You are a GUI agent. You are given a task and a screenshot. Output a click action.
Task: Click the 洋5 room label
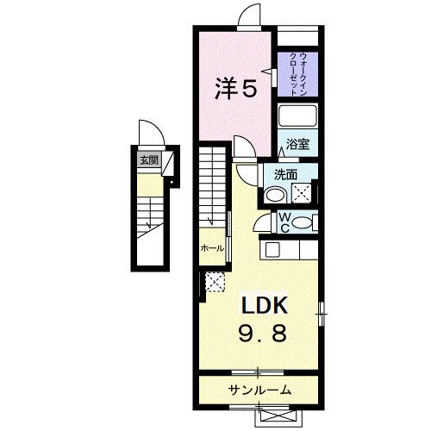click(234, 87)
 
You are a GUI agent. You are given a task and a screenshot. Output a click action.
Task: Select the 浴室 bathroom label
click(298, 146)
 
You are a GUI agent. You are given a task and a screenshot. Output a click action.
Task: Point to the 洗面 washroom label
click(286, 173)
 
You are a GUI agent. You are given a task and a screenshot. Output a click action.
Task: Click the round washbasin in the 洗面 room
click(275, 195)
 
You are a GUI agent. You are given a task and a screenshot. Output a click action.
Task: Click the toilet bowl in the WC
click(302, 223)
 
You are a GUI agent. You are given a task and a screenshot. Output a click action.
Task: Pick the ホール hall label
click(211, 247)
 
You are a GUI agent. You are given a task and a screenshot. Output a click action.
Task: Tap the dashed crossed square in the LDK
click(214, 281)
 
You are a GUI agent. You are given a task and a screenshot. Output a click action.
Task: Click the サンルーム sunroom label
click(259, 390)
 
